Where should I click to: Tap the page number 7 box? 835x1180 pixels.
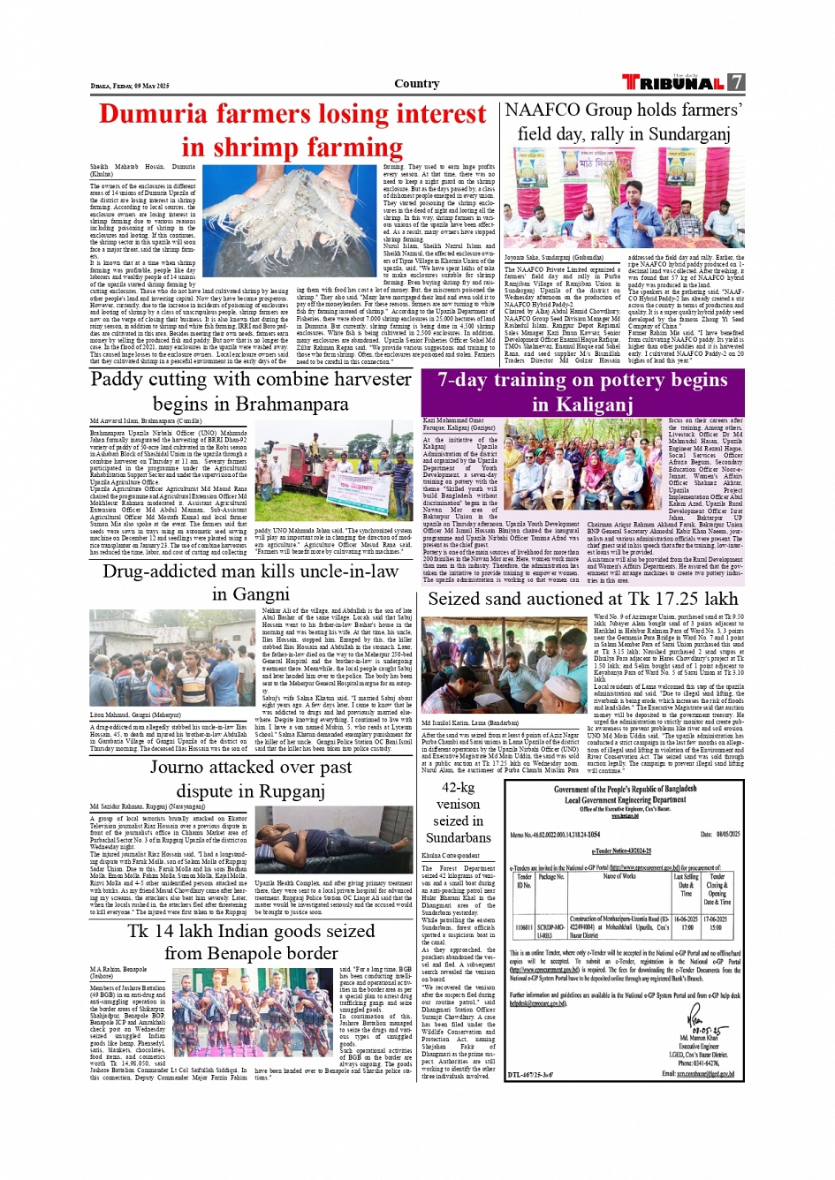tap(736, 82)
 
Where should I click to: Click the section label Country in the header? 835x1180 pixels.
tap(416, 84)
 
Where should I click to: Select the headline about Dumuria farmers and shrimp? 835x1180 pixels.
tap(292, 130)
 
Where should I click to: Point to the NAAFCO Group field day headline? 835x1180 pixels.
tap(623, 121)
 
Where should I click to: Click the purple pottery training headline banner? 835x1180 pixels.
tap(582, 392)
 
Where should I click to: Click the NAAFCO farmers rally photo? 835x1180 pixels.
tap(624, 199)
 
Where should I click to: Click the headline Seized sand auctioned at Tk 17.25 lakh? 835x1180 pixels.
tap(582, 599)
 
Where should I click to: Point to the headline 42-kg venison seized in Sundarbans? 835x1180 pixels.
tap(458, 812)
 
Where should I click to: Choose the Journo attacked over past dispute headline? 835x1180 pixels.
tap(251, 779)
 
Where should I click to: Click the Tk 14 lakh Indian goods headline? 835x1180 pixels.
tap(251, 942)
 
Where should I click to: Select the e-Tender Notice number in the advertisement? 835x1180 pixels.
tap(622, 850)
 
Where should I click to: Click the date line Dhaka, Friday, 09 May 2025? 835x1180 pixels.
tap(130, 86)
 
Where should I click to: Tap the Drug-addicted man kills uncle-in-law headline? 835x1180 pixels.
tap(251, 582)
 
